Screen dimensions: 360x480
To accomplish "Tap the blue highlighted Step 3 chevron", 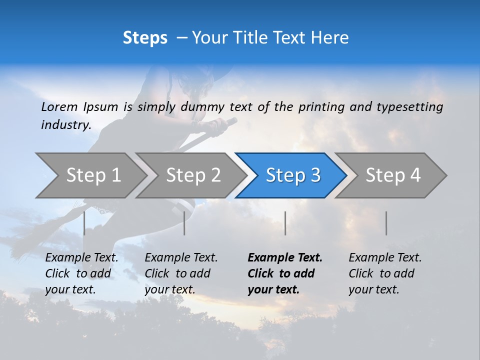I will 293,175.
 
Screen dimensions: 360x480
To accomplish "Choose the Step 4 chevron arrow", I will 393,175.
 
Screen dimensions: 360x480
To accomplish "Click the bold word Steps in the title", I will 145,38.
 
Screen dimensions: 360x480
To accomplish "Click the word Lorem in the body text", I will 59,106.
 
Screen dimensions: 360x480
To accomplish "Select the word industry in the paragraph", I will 66,125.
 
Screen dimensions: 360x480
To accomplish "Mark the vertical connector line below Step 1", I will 84,223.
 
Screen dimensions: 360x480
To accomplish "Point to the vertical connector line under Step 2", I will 184,223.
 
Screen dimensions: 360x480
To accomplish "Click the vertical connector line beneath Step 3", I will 285,223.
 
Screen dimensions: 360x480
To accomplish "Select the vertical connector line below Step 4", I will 386,223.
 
